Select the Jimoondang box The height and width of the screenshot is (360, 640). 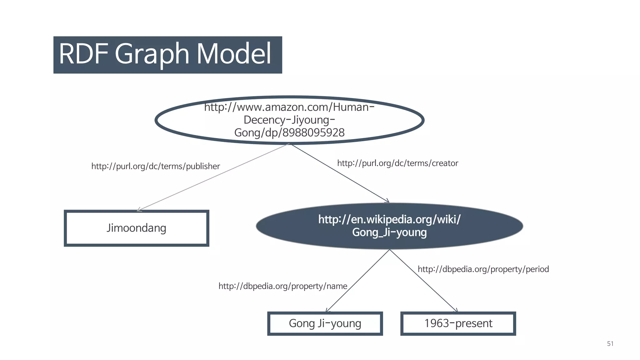pyautogui.click(x=137, y=228)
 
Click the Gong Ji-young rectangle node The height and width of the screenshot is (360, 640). pyautogui.click(x=325, y=323)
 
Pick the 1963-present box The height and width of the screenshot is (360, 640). pyautogui.click(x=458, y=323)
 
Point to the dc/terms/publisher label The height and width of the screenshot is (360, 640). pyautogui.click(x=156, y=166)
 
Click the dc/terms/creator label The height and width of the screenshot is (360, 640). pyautogui.click(x=397, y=163)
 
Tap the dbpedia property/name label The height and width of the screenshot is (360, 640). pyautogui.click(x=283, y=286)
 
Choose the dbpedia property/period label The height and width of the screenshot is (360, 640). pyautogui.click(x=483, y=269)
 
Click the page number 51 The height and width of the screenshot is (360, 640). pyautogui.click(x=610, y=344)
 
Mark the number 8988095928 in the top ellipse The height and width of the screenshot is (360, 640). pyautogui.click(x=313, y=133)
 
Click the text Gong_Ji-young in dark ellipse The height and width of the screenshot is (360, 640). pyautogui.click(x=389, y=232)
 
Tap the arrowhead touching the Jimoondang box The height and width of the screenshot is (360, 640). pyautogui.click(x=139, y=210)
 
